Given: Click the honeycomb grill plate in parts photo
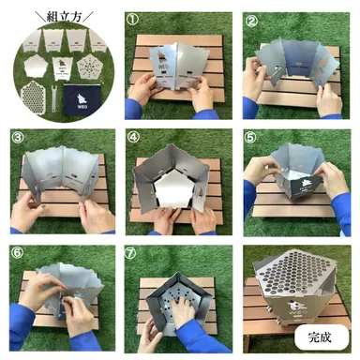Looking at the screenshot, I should pyautogui.click(x=31, y=94).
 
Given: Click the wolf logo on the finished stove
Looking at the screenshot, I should pyautogui.click(x=298, y=311).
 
